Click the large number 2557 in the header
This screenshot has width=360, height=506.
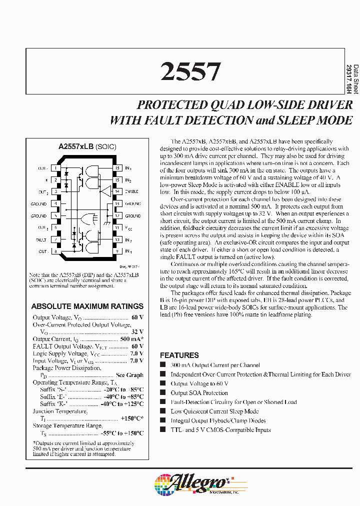click(x=190, y=72)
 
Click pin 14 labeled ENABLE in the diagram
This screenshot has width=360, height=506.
click(x=117, y=191)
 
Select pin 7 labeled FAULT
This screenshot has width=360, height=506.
click(x=55, y=239)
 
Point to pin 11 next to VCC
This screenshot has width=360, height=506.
click(x=117, y=227)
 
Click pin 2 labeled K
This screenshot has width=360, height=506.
click(x=55, y=179)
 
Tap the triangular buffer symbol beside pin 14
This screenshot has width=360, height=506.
click(x=105, y=191)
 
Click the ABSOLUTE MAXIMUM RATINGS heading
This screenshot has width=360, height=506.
click(x=87, y=306)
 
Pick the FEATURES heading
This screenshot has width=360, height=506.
click(x=179, y=355)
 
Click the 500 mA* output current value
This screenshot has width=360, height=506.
click(x=131, y=339)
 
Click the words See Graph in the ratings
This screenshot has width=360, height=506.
click(x=129, y=375)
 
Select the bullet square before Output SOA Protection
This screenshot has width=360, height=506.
click(x=162, y=392)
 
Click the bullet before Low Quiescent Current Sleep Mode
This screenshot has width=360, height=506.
click(x=162, y=411)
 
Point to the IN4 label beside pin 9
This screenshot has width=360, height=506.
click(x=128, y=251)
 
